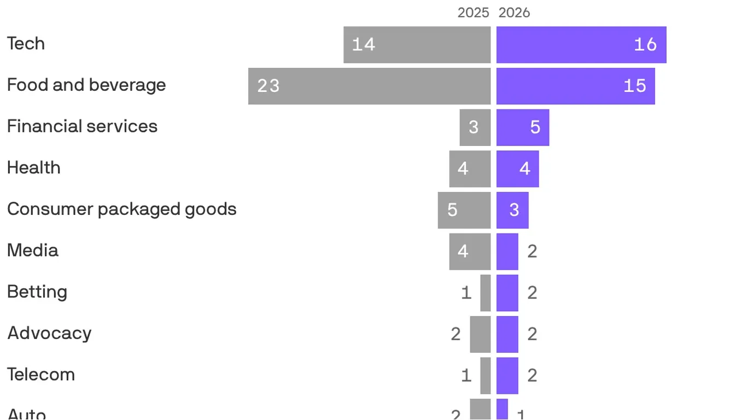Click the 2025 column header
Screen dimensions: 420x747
click(473, 13)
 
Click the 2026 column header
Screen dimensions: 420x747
click(514, 13)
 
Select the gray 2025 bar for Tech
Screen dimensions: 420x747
click(417, 45)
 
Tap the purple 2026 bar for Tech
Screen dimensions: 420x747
click(581, 45)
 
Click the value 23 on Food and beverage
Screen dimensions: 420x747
click(269, 86)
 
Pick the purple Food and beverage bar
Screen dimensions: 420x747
click(575, 86)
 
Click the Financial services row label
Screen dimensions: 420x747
click(82, 126)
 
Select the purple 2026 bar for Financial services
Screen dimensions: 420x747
click(522, 127)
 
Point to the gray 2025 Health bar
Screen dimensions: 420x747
click(470, 169)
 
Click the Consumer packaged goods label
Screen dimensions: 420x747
click(121, 209)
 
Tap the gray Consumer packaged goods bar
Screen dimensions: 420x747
click(464, 210)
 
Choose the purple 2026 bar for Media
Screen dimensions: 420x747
click(507, 252)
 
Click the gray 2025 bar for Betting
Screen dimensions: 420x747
click(485, 293)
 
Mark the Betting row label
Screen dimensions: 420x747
click(37, 291)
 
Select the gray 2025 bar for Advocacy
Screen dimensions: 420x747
click(480, 334)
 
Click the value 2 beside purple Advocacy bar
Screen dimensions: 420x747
click(532, 334)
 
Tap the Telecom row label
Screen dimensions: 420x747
click(41, 375)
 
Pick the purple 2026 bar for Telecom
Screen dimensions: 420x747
click(507, 376)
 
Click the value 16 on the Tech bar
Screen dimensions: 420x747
click(645, 45)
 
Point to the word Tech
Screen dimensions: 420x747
click(26, 44)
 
